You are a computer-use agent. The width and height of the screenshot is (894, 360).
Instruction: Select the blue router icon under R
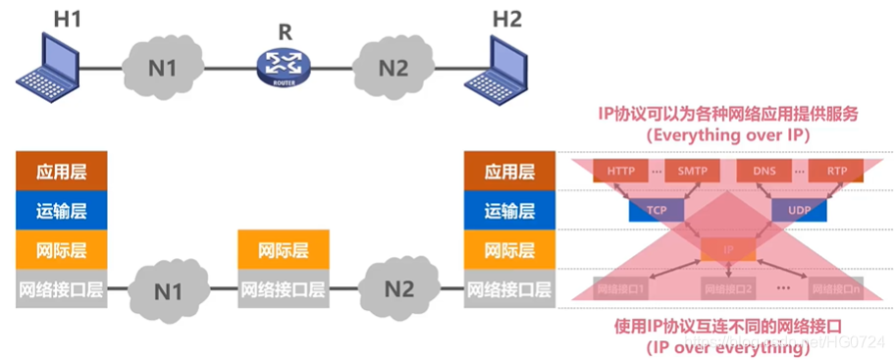click(285, 67)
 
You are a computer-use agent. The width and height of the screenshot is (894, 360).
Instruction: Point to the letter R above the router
click(285, 31)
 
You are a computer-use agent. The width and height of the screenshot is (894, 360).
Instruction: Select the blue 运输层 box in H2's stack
click(510, 210)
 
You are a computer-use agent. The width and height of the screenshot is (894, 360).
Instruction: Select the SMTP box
click(692, 171)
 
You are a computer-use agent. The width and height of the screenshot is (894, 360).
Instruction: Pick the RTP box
click(836, 171)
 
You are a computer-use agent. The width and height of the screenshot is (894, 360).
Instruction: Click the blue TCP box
click(656, 210)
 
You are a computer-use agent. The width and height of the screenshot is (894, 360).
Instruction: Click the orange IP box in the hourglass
click(727, 249)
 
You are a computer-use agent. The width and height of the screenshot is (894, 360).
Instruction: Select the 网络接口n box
click(836, 289)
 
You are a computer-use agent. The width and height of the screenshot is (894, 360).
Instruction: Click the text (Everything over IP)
click(726, 136)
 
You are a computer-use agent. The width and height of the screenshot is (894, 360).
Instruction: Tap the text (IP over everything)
click(726, 346)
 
